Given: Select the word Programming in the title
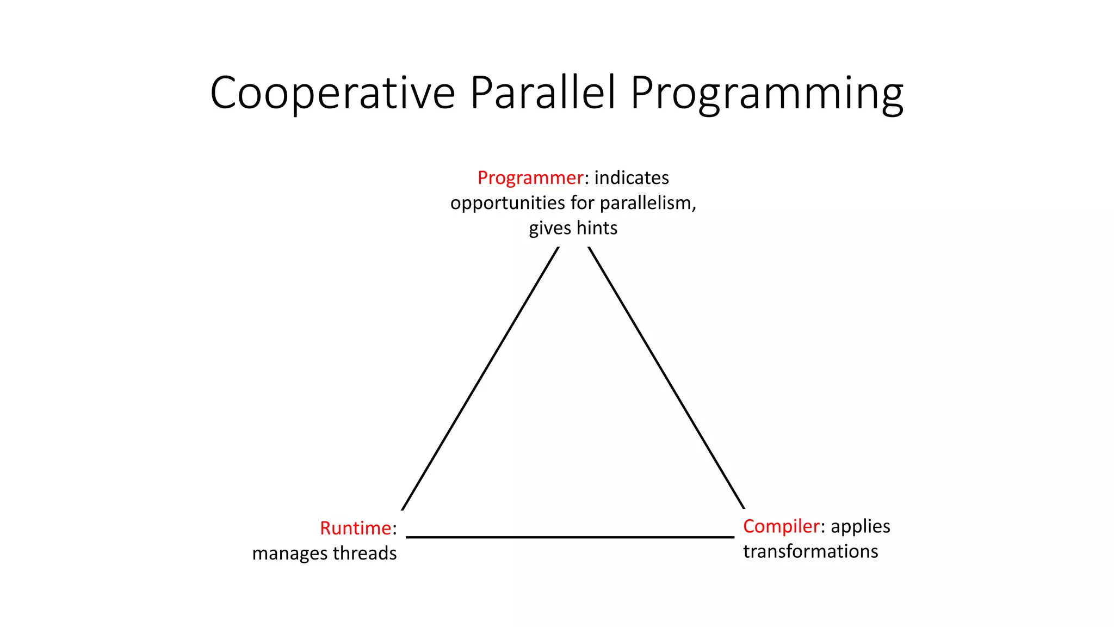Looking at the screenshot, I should tap(767, 94).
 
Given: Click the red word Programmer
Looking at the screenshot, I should tap(530, 178).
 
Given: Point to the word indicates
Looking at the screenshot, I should tap(632, 177).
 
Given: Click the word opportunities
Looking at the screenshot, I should tap(508, 203).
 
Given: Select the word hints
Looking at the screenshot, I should tap(597, 228).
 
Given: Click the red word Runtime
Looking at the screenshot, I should tap(355, 528).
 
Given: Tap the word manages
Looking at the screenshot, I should tap(290, 554).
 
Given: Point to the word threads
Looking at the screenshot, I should tap(364, 553).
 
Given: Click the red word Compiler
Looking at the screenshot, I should tap(781, 526).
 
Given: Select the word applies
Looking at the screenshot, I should tap(860, 527).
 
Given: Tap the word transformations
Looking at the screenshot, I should tap(810, 551).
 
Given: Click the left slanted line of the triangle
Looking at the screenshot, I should tap(480, 378).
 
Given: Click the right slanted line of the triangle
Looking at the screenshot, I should tap(666, 378).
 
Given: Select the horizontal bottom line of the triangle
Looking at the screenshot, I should tap(570, 537).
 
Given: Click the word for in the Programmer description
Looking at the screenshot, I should tap(582, 202).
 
